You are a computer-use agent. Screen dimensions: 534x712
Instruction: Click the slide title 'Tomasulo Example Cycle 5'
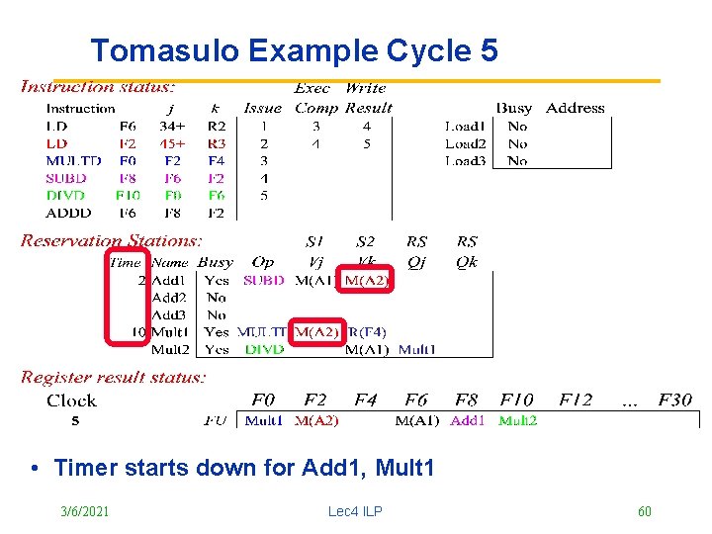[x=294, y=50]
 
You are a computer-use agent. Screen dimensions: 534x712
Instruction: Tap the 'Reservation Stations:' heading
[x=111, y=240]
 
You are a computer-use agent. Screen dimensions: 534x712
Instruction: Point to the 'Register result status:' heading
[x=114, y=377]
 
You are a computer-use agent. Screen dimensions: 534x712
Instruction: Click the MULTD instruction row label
[x=73, y=160]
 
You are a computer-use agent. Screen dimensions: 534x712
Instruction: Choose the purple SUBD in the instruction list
[x=65, y=178]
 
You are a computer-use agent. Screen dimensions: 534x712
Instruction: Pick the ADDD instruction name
[x=68, y=213]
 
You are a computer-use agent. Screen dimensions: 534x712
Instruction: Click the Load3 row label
[x=465, y=160]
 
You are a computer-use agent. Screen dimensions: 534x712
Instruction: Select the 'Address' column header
[x=575, y=108]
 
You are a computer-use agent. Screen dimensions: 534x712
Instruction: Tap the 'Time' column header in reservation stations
[x=126, y=263]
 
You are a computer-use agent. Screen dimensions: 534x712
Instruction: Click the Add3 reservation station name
[x=169, y=314]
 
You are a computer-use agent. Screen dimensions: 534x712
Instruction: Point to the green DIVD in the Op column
[x=264, y=349]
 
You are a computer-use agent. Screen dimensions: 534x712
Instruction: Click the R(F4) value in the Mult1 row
[x=368, y=332]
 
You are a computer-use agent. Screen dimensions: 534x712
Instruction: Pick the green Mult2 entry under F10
[x=517, y=420]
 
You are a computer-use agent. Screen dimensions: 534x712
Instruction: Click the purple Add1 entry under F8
[x=468, y=420]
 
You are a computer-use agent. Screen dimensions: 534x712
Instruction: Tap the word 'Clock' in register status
[x=71, y=400]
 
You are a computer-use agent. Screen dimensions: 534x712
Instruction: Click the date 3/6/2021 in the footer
[x=85, y=511]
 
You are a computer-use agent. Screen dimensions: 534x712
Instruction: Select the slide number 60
[x=645, y=511]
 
